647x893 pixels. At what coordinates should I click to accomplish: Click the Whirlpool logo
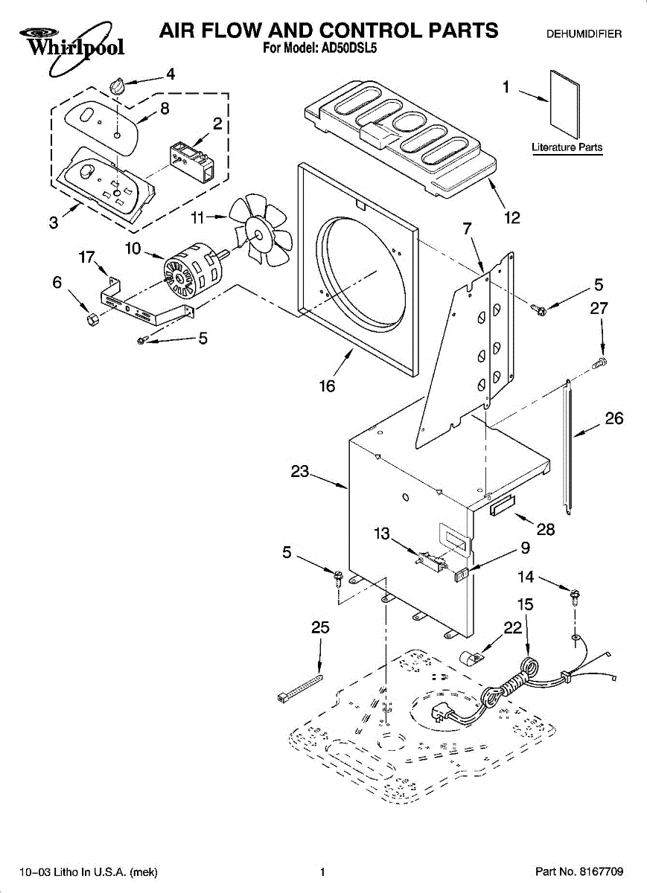pos(71,47)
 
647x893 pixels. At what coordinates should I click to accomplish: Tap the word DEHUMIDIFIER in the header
pos(584,34)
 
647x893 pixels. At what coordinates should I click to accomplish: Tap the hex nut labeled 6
pos(93,319)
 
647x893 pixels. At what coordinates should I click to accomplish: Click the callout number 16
pos(327,386)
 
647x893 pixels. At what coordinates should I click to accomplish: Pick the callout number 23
pos(300,471)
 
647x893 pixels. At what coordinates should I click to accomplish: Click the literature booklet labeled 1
pos(564,104)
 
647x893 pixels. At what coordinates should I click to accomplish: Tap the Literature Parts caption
pos(567,147)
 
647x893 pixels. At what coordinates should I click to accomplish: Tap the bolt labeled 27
pos(599,363)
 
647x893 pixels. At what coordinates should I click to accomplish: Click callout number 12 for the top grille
pos(511,218)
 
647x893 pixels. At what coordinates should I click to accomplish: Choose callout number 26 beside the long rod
pos(614,418)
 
